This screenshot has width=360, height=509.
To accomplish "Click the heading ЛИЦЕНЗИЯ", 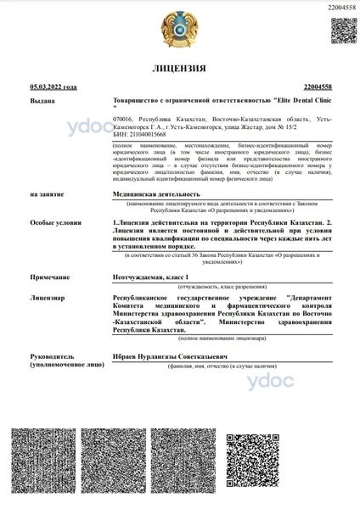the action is [180, 68].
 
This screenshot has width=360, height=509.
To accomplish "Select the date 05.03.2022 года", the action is [53, 87].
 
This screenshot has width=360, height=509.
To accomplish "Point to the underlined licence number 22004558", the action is [316, 87].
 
